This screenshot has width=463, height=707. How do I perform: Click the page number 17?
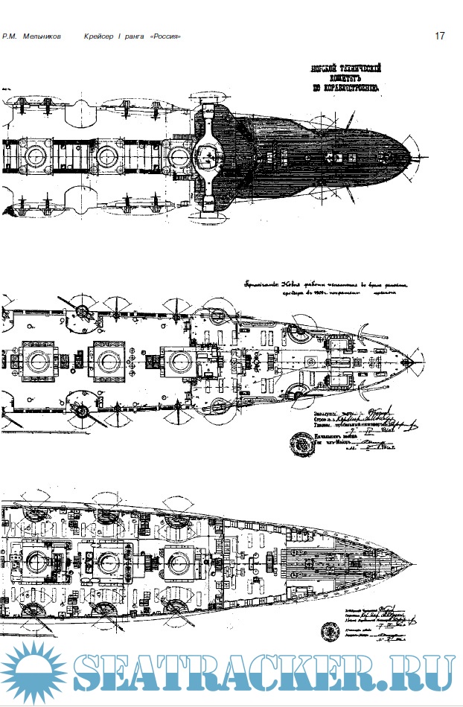coord(440,36)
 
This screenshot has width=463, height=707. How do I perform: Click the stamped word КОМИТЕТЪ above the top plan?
coord(346,77)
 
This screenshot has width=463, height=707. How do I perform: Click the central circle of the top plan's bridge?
coord(208,156)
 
